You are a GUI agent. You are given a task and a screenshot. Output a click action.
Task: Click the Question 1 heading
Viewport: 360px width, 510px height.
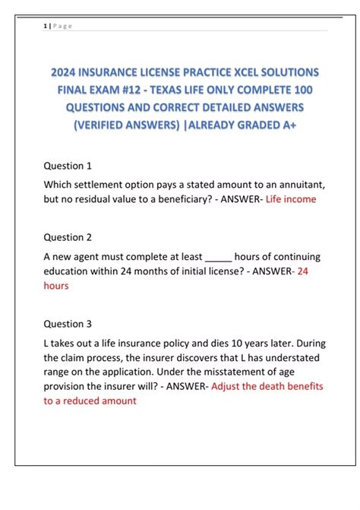[68, 165]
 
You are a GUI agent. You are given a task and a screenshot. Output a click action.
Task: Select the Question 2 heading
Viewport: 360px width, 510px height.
[68, 237]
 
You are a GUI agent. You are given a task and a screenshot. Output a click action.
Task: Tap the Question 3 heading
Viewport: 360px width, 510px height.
[68, 323]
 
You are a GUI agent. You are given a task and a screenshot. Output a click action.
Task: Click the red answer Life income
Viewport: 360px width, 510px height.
[291, 199]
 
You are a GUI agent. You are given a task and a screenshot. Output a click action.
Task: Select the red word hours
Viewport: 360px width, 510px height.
[56, 286]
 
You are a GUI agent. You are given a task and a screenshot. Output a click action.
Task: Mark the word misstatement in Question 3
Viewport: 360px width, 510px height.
[156, 372]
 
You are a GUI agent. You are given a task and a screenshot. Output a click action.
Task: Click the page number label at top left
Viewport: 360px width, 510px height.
[57, 26]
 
